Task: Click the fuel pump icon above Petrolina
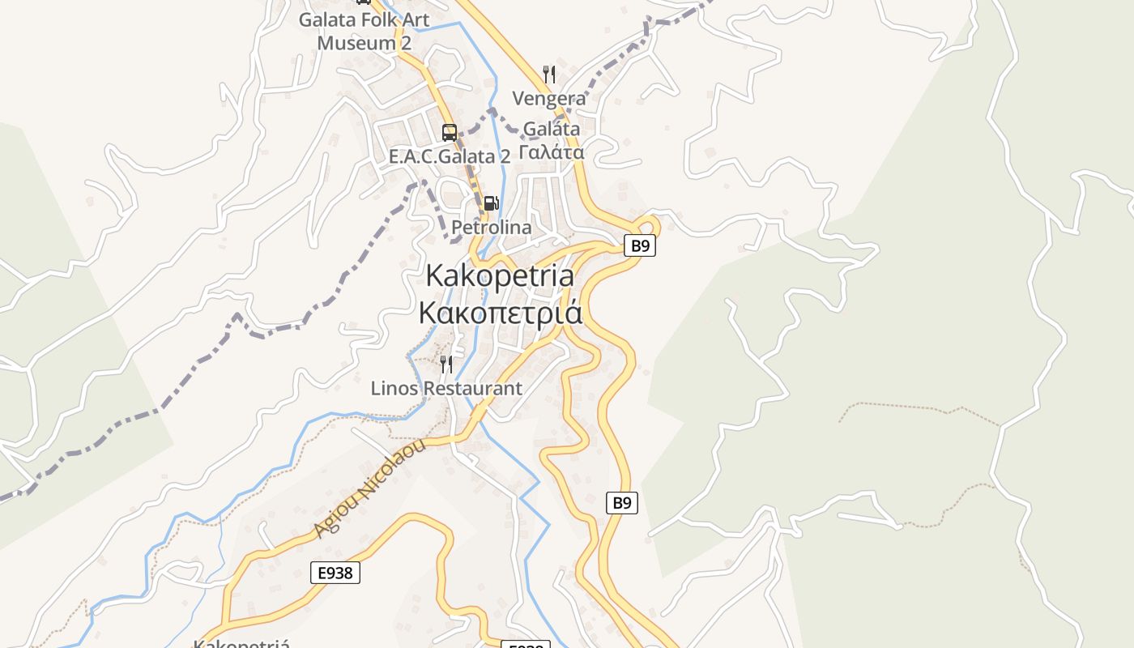pyautogui.click(x=491, y=203)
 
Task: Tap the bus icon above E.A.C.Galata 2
pyautogui.click(x=449, y=132)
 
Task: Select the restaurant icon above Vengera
pyautogui.click(x=549, y=75)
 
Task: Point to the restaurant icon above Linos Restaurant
pyautogui.click(x=446, y=364)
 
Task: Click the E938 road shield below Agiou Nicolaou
pyautogui.click(x=335, y=573)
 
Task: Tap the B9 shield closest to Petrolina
pyautogui.click(x=640, y=245)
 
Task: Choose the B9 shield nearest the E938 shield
pyautogui.click(x=621, y=503)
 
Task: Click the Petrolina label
pyautogui.click(x=491, y=228)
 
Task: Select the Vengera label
pyautogui.click(x=548, y=99)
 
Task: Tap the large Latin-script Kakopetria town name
pyautogui.click(x=500, y=275)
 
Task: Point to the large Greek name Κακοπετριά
pyautogui.click(x=500, y=312)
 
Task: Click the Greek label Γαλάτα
pyautogui.click(x=551, y=152)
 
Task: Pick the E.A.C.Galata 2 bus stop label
pyautogui.click(x=450, y=156)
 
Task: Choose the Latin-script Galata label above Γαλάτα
pyautogui.click(x=551, y=129)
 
